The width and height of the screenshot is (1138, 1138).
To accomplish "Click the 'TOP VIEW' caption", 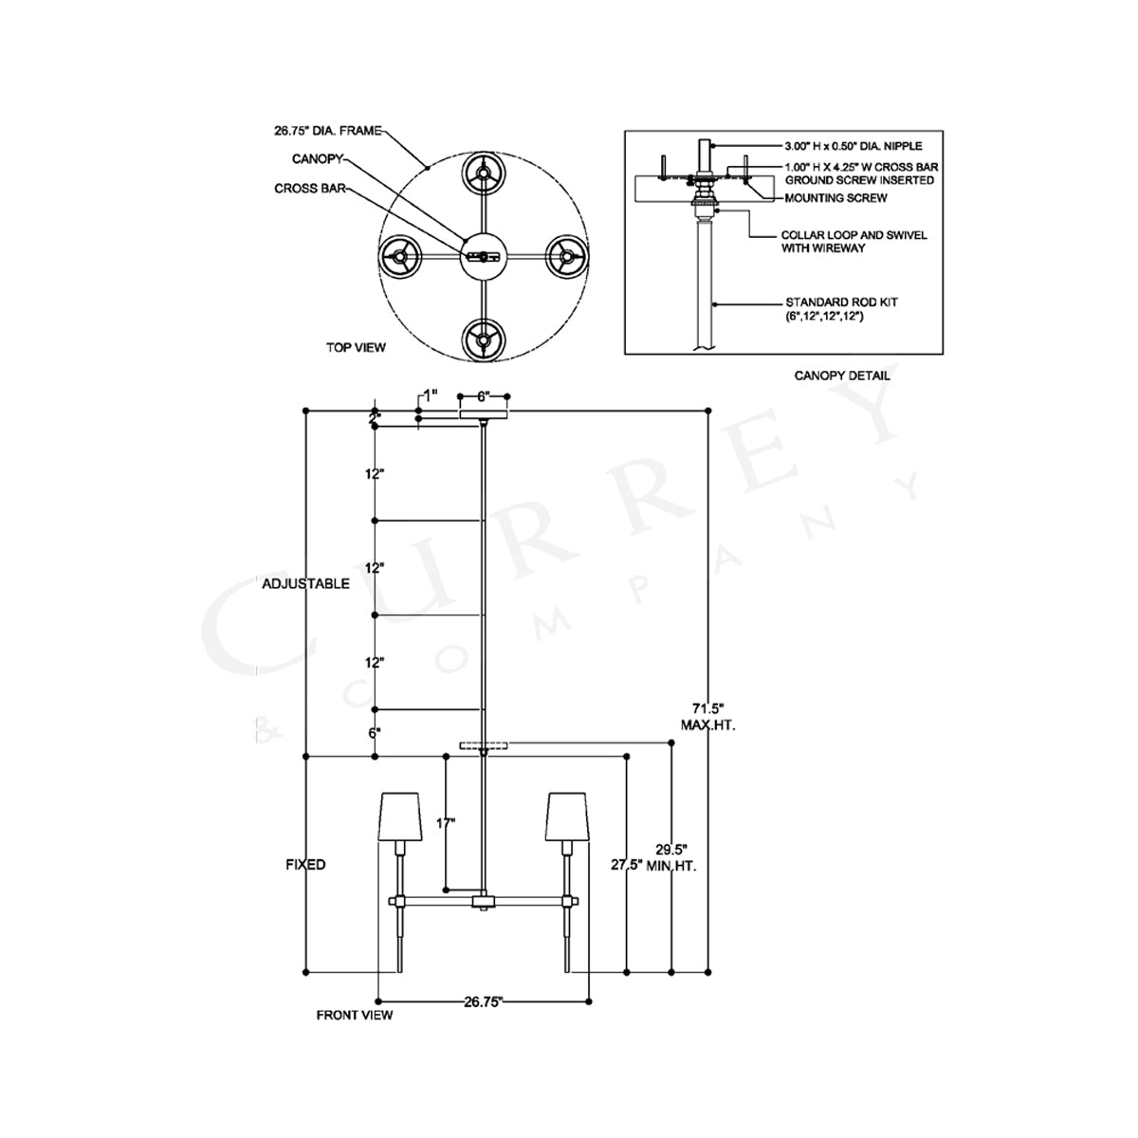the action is [356, 347].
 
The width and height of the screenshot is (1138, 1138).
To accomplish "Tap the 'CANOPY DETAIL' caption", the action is [841, 376].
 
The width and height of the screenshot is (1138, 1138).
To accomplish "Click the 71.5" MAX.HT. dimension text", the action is [708, 716].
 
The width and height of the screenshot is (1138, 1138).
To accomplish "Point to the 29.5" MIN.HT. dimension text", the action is [671, 857].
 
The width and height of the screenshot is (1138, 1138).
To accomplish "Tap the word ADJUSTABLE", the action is [306, 583].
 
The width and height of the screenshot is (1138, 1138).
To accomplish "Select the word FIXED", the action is [305, 865].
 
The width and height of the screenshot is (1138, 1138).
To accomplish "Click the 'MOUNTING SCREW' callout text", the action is [835, 198].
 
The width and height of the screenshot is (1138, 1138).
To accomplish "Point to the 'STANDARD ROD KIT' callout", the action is [841, 303].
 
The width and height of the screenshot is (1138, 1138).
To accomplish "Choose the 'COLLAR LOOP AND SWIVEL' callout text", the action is [853, 235].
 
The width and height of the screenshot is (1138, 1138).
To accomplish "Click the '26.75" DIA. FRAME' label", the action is [328, 131].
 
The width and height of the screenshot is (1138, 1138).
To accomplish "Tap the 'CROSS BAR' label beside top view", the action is [310, 189].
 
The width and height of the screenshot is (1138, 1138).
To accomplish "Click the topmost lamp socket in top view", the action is [484, 174].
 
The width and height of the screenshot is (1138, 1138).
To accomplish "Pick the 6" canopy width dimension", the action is [483, 396].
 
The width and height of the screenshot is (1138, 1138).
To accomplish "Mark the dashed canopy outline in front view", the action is [484, 746].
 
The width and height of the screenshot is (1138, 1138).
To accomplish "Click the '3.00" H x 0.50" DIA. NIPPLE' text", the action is [853, 146].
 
